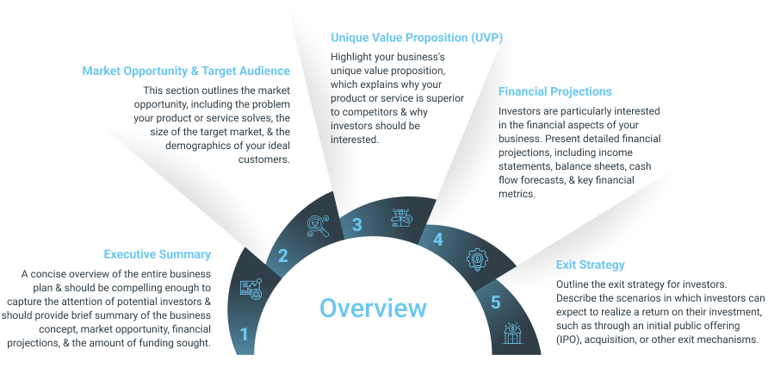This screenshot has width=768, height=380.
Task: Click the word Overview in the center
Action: (x=373, y=308)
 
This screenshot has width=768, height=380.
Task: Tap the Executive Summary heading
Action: (x=158, y=254)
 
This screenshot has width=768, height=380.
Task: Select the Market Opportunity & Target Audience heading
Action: (x=186, y=72)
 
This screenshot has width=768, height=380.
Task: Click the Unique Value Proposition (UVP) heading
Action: (x=417, y=38)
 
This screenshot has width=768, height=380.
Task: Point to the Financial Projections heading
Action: (x=555, y=91)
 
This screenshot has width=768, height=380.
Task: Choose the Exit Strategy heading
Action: (x=590, y=265)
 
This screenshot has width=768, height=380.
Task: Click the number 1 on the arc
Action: (x=244, y=335)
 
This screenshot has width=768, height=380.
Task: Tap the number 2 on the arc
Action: (x=283, y=255)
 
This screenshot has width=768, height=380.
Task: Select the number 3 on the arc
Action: (x=357, y=225)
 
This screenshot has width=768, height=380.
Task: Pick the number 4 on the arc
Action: (x=437, y=240)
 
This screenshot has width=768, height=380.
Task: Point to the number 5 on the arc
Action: (x=496, y=302)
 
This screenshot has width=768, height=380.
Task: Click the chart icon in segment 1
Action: (x=251, y=289)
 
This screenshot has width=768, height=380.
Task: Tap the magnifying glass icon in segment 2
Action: (x=318, y=227)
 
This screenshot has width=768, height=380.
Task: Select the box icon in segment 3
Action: (x=401, y=218)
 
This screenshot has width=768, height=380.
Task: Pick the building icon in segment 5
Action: (x=513, y=333)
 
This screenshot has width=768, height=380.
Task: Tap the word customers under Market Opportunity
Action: (x=264, y=159)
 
